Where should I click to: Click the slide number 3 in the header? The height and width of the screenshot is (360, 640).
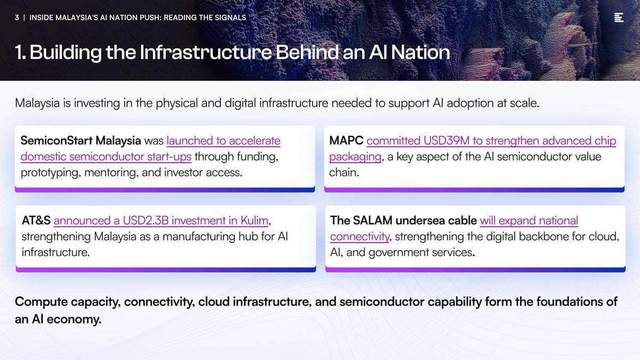pos(17,18)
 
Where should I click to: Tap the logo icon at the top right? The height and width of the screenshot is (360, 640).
pos(619,18)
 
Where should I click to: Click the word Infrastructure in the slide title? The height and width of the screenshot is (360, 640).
pos(205,52)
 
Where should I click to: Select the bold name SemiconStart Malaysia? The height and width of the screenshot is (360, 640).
pos(81,141)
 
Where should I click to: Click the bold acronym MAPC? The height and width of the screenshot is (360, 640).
pos(346,141)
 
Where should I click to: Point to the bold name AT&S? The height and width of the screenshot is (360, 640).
pos(36,221)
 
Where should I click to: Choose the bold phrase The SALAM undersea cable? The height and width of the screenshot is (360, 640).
pos(403,221)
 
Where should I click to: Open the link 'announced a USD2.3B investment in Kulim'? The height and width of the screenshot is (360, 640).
pos(161,221)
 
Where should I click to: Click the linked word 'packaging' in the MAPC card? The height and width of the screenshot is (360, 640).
pos(355,157)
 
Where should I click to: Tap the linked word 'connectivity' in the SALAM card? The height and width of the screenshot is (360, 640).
pos(359,237)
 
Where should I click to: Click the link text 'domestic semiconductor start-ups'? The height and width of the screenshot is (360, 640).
pos(106,157)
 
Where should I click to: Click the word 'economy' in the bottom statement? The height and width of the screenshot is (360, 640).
pos(74,319)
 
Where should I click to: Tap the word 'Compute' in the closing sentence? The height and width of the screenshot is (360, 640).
pos(41,302)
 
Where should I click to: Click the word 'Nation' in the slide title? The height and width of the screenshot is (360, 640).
pos(420,52)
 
